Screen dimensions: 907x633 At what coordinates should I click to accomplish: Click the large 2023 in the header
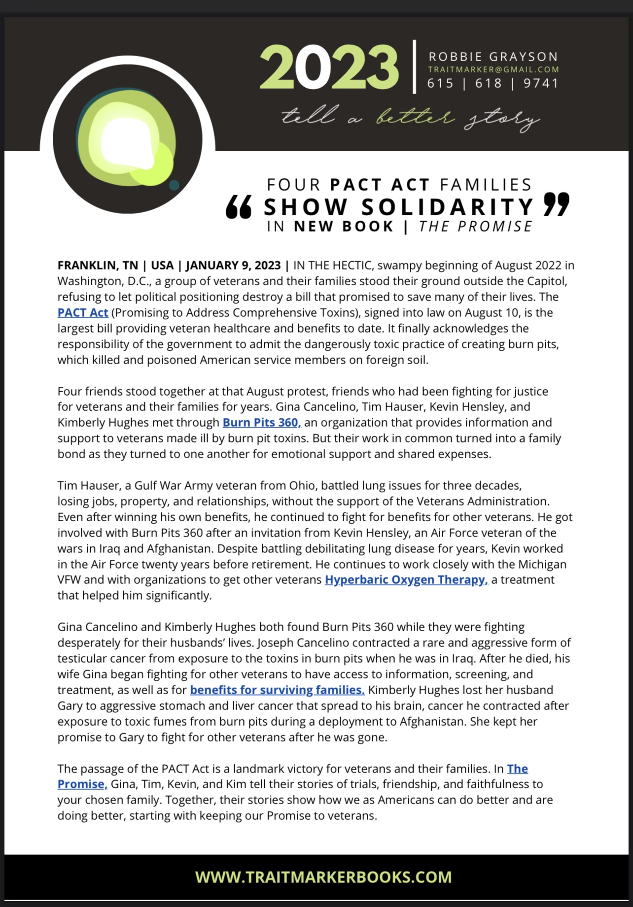point(329,67)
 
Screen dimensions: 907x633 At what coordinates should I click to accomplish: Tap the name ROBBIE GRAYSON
point(493,57)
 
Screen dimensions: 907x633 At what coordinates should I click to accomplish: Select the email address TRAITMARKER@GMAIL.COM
point(493,70)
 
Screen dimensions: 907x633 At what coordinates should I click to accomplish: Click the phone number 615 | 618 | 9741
point(493,83)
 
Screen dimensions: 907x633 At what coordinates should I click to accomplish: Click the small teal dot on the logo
point(174,185)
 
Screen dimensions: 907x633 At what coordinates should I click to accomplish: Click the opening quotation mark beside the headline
point(239,207)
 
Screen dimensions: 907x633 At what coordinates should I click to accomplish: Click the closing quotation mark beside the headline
point(556,204)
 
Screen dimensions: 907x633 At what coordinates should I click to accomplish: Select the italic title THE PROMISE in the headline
point(476,227)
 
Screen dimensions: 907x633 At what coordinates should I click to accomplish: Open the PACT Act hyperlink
point(83,313)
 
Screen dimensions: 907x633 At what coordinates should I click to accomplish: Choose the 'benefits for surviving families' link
point(277,690)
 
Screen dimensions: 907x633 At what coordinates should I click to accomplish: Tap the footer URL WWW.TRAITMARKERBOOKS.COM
point(323,877)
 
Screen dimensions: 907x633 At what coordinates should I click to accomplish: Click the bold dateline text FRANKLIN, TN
point(98,266)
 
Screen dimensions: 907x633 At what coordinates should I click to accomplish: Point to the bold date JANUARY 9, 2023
point(233,266)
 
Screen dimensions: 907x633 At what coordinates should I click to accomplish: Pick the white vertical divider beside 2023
point(415,67)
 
